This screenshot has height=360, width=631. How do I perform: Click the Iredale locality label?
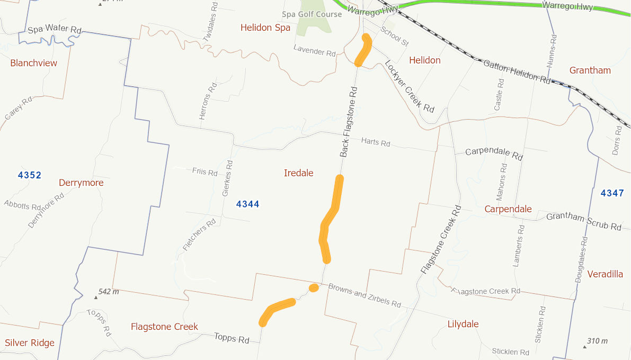click(x=299, y=173)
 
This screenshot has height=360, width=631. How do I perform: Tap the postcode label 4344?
click(x=248, y=204)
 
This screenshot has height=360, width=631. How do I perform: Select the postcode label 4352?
click(x=30, y=175)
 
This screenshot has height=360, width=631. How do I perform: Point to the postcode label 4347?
click(x=612, y=193)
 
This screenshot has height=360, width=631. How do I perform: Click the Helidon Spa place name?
click(x=265, y=28)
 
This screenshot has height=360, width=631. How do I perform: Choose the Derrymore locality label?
click(x=81, y=183)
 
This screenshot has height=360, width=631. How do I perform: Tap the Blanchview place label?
click(x=34, y=63)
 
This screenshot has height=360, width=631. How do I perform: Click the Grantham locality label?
click(x=590, y=70)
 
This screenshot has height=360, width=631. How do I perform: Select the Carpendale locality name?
click(x=508, y=209)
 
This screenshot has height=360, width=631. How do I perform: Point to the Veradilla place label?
click(x=606, y=274)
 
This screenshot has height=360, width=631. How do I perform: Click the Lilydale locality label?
click(x=463, y=324)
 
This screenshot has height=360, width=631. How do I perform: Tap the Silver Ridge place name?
click(x=30, y=343)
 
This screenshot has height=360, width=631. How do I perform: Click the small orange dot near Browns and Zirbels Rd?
click(x=314, y=288)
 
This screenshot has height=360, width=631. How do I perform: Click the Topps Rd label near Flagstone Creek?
click(x=232, y=337)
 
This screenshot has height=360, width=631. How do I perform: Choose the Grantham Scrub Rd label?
click(x=583, y=221)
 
